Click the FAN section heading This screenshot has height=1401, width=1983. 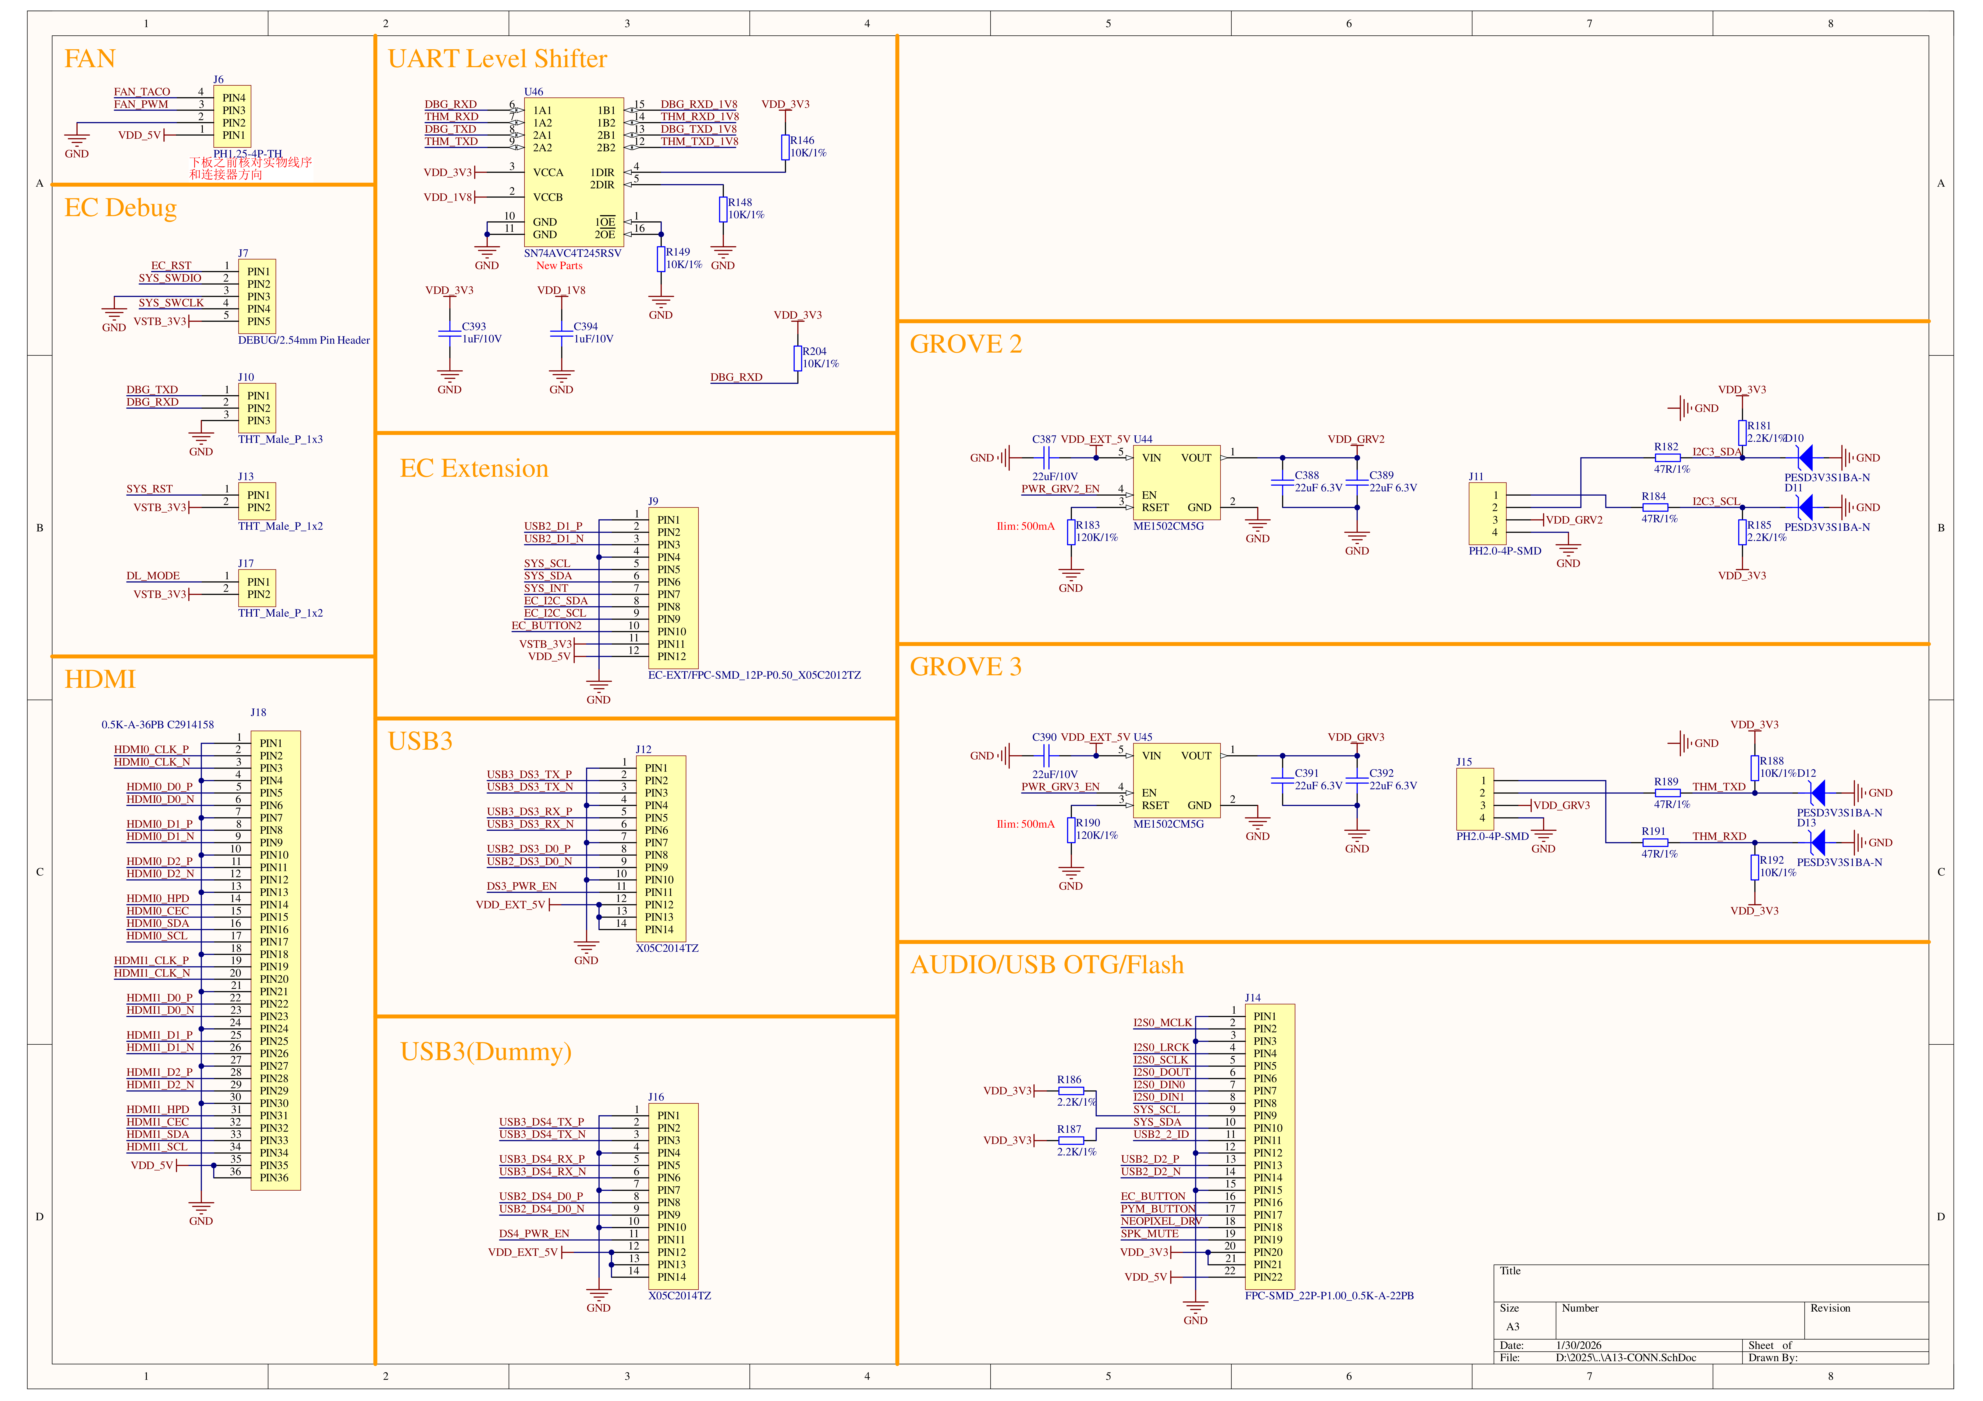point(90,59)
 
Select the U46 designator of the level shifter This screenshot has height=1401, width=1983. point(534,92)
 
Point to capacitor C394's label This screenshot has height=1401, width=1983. point(586,326)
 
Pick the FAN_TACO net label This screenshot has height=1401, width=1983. point(142,92)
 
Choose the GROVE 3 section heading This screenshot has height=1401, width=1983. point(966,666)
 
